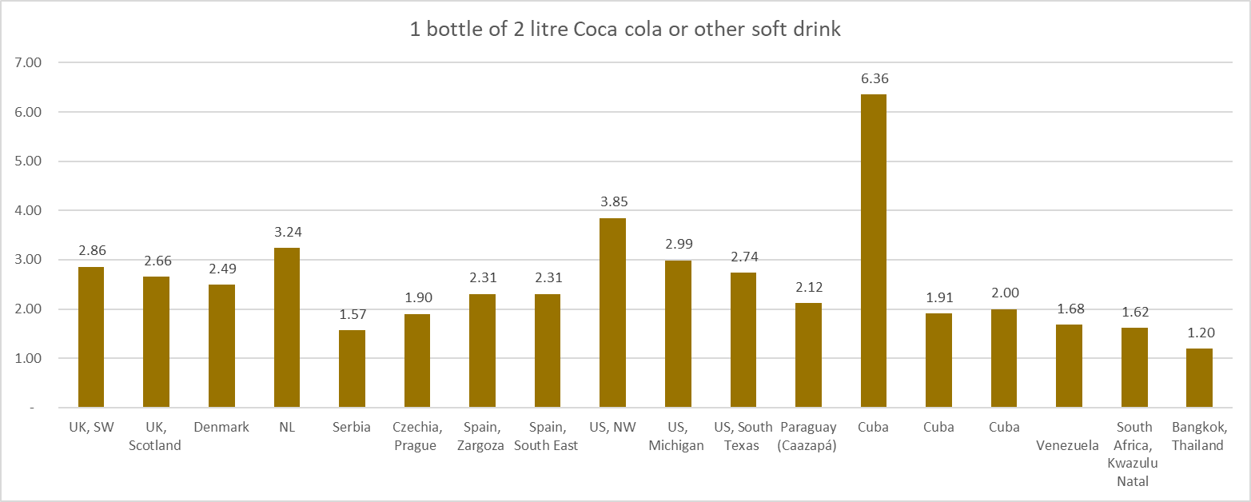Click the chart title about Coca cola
(625, 30)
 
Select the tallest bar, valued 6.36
(873, 251)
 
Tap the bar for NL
(287, 328)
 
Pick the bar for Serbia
(352, 369)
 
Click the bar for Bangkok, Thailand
(1199, 378)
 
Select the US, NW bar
(613, 313)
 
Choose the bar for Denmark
(221, 346)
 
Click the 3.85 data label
(613, 202)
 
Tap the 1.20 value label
(1199, 333)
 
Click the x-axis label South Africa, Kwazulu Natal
(1133, 454)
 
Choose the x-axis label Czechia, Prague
(416, 436)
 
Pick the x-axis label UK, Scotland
(155, 436)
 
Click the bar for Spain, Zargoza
(482, 351)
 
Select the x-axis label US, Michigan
(678, 436)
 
